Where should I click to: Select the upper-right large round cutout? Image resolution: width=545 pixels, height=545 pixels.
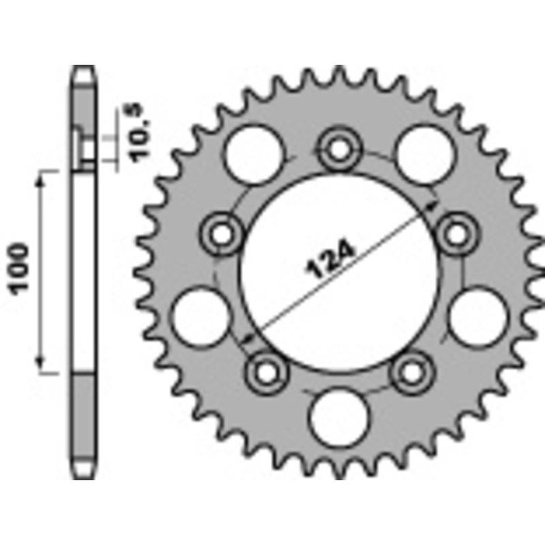[424, 156]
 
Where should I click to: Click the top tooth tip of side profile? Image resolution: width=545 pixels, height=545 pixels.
[84, 69]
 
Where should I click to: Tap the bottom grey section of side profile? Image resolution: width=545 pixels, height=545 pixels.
[84, 422]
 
